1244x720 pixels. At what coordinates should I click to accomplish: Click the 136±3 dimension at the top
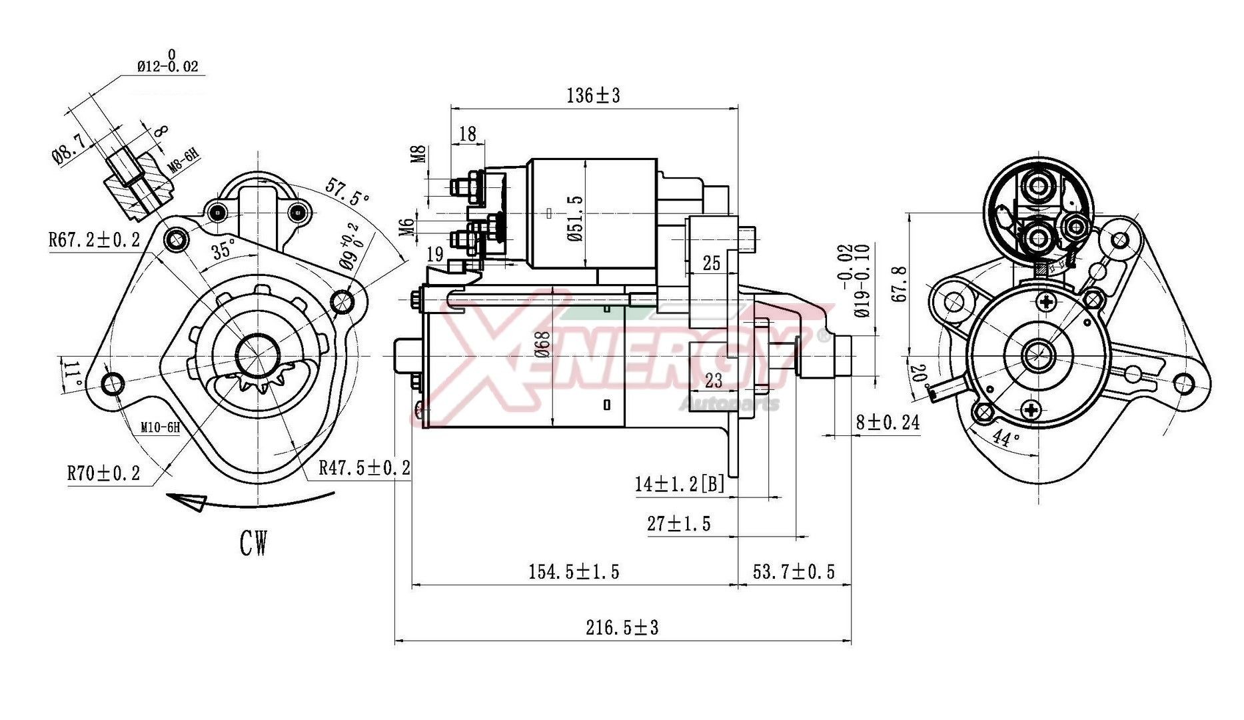click(x=593, y=96)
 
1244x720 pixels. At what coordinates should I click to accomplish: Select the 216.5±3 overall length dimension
click(x=622, y=627)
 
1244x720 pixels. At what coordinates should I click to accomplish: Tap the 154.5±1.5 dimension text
click(x=574, y=571)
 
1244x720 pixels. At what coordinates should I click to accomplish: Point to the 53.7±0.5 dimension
click(x=793, y=571)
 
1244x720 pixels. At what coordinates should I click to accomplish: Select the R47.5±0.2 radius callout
click(x=364, y=467)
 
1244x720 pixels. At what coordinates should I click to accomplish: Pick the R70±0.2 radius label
click(x=103, y=473)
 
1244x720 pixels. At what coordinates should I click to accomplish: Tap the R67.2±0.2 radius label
click(x=94, y=239)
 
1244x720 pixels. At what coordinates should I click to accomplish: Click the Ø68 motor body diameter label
click(x=543, y=345)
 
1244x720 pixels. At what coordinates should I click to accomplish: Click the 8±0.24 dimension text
click(x=888, y=422)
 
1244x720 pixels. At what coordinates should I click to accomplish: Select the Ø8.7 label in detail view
click(x=67, y=147)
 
